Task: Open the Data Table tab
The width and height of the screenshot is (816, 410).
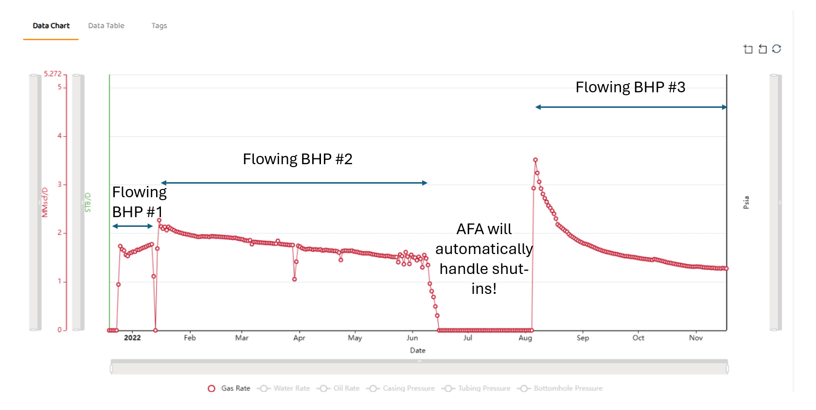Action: [106, 25]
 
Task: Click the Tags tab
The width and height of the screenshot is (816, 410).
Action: [159, 25]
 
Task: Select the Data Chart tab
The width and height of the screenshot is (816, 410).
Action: [51, 25]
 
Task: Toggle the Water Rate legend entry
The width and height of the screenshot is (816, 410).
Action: [284, 388]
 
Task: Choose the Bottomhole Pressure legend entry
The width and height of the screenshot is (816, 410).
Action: [560, 388]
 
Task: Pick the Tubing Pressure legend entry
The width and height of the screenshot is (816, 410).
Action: [476, 388]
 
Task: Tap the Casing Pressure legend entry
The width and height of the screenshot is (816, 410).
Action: [400, 388]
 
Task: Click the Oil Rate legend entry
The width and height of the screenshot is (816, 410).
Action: [338, 388]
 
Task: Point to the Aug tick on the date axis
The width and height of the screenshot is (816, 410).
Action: [525, 338]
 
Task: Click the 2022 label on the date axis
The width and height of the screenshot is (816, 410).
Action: [132, 338]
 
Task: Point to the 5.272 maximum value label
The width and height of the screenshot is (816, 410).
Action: [53, 73]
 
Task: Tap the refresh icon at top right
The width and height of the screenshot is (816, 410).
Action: [777, 49]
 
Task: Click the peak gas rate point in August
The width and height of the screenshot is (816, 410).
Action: [535, 160]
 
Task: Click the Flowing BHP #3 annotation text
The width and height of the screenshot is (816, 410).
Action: [630, 87]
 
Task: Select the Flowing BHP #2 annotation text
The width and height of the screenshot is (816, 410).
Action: [298, 159]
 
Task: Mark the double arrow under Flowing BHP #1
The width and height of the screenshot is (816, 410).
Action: [132, 226]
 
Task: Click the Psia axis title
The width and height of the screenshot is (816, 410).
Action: [746, 202]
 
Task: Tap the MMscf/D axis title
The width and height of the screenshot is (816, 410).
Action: [45, 202]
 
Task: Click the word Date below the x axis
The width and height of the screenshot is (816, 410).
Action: [417, 350]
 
